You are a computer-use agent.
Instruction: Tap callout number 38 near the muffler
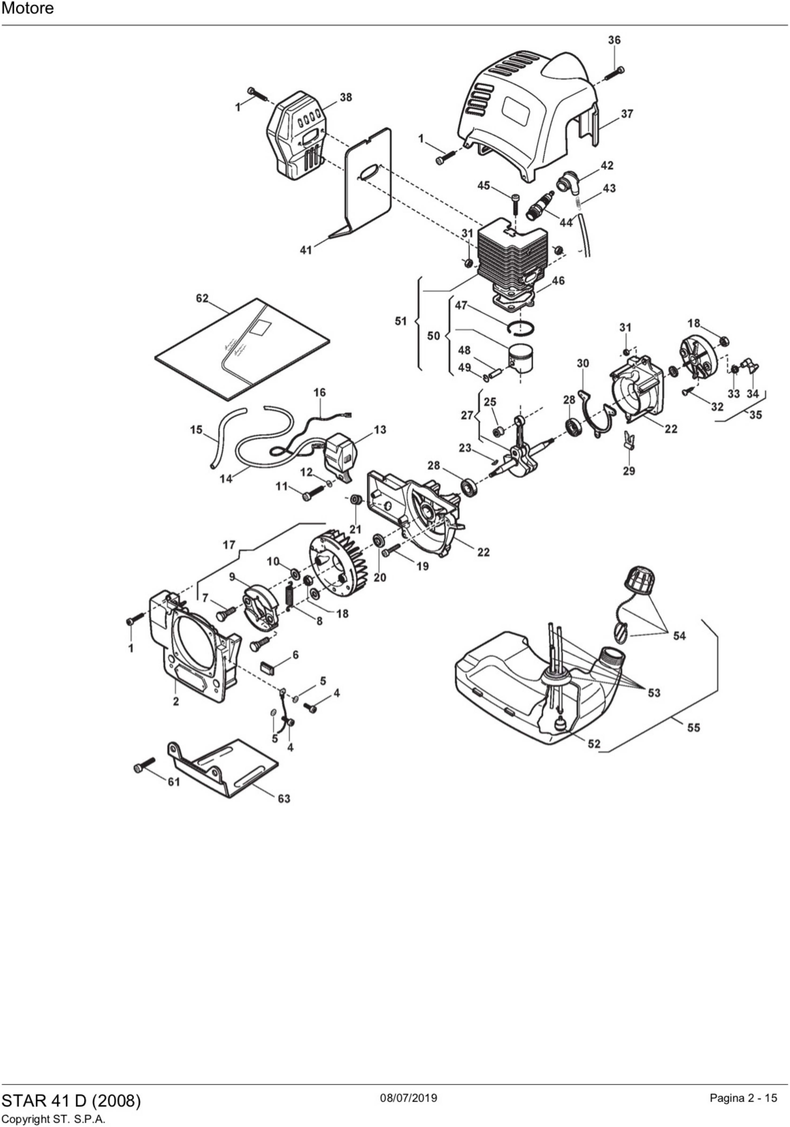(x=346, y=97)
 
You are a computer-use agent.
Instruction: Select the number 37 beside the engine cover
(x=627, y=114)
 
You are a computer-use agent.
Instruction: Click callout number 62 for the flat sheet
(x=202, y=298)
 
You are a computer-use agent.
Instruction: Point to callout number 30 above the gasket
(x=583, y=364)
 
